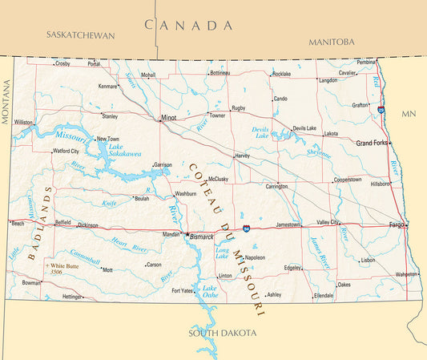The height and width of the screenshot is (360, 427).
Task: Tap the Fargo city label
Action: [x=396, y=224]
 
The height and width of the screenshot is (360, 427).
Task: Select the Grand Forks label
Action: [x=372, y=143]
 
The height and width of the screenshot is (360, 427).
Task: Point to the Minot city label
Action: [x=168, y=118]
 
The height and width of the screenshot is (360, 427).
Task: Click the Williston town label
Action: [x=23, y=123]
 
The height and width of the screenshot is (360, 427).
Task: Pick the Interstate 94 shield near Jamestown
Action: [x=247, y=229]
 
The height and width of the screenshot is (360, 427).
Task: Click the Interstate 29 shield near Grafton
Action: [x=381, y=109]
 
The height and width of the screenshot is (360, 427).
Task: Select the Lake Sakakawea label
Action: [x=126, y=149]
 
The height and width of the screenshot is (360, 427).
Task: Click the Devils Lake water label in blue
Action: [x=262, y=132]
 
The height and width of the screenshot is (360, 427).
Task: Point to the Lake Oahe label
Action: [x=209, y=292]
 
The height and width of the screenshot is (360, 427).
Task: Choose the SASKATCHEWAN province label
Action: [x=81, y=35]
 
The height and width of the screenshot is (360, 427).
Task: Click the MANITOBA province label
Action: [x=331, y=42]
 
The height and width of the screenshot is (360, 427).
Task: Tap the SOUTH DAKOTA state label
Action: [x=223, y=333]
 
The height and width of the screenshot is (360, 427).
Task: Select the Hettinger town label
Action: [x=73, y=297]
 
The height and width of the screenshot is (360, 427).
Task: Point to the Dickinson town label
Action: [x=87, y=225]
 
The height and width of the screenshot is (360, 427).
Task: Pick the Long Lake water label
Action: [x=223, y=254]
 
